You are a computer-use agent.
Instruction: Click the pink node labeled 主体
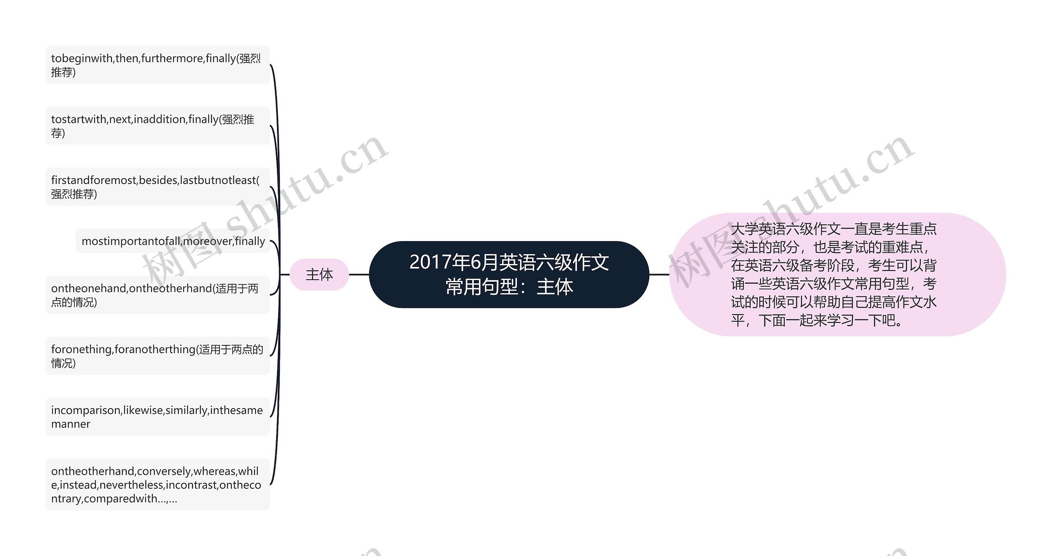pyautogui.click(x=319, y=274)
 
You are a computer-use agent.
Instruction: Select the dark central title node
pyautogui.click(x=509, y=274)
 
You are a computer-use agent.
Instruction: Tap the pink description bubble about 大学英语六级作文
pyautogui.click(x=837, y=274)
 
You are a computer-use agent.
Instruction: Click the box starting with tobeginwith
pyautogui.click(x=157, y=65)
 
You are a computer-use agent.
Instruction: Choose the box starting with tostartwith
pyautogui.click(x=157, y=126)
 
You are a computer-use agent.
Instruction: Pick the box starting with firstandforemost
pyautogui.click(x=157, y=186)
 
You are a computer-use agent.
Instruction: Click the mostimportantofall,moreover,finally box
pyautogui.click(x=173, y=241)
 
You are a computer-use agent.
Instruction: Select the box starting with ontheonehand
pyautogui.click(x=157, y=295)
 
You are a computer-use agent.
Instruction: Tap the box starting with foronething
pyautogui.click(x=157, y=356)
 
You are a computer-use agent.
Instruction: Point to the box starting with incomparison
pyautogui.click(x=157, y=416)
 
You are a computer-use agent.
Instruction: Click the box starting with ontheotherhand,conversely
pyautogui.click(x=157, y=485)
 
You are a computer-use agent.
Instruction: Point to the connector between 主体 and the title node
pyautogui.click(x=359, y=274)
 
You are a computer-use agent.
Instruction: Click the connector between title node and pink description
pyautogui.click(x=659, y=274)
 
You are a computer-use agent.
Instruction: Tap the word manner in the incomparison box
pyautogui.click(x=71, y=424)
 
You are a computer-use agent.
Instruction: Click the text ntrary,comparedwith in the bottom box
pyautogui.click(x=109, y=499)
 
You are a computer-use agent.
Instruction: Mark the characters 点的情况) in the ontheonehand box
pyautogui.click(x=74, y=302)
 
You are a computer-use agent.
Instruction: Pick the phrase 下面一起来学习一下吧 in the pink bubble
pyautogui.click(x=830, y=320)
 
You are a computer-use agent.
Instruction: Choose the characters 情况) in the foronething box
pyautogui.click(x=63, y=363)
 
